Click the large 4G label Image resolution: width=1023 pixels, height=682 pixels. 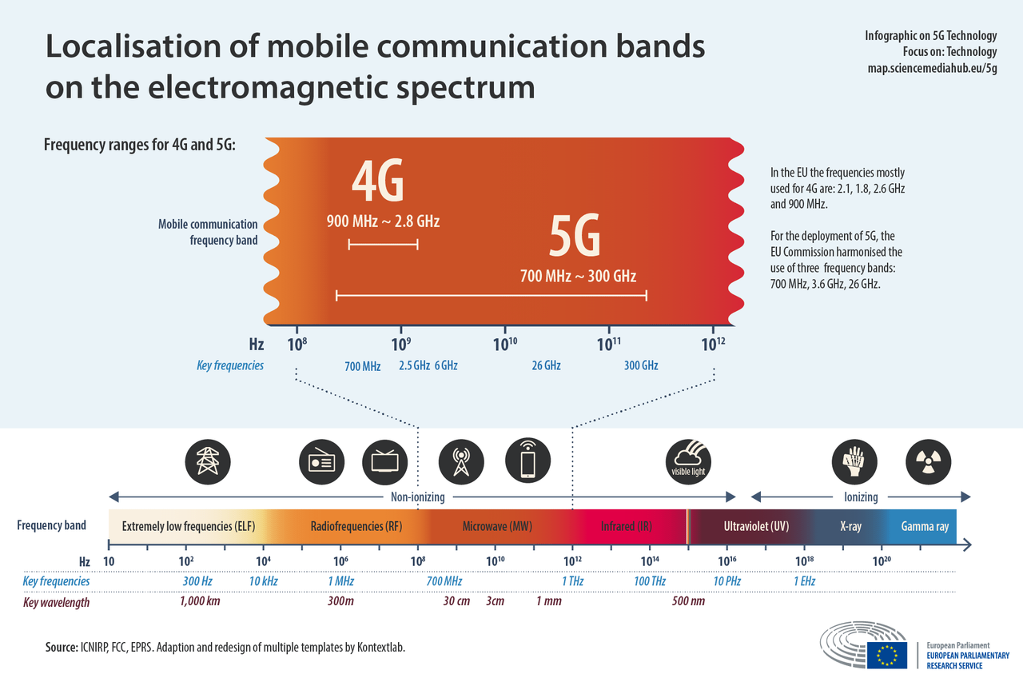tap(378, 182)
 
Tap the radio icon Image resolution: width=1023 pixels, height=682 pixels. tap(321, 461)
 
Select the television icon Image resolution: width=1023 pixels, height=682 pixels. tap(385, 461)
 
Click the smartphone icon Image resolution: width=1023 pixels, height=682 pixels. tap(528, 461)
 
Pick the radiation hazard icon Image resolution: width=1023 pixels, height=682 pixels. tap(928, 461)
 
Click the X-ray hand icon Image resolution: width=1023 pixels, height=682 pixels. tap(854, 461)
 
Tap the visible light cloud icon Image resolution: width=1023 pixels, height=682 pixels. tap(688, 461)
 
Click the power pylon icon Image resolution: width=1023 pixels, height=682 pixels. tap(208, 461)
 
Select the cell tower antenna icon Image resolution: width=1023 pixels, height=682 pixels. tap(461, 461)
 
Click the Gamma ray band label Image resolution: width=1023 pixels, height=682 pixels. tap(925, 527)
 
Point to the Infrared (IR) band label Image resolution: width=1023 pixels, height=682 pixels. tap(627, 527)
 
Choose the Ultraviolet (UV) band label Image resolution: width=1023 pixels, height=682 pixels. tap(756, 527)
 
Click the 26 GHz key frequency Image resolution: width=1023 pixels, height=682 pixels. tap(546, 365)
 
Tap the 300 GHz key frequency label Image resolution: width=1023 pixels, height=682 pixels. tap(641, 365)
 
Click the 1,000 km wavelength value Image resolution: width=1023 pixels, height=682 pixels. tap(200, 601)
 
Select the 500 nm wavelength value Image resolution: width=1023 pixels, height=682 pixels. tap(689, 601)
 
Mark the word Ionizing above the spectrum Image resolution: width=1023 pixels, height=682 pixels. tap(861, 497)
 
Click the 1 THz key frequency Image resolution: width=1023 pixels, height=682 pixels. tap(572, 581)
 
